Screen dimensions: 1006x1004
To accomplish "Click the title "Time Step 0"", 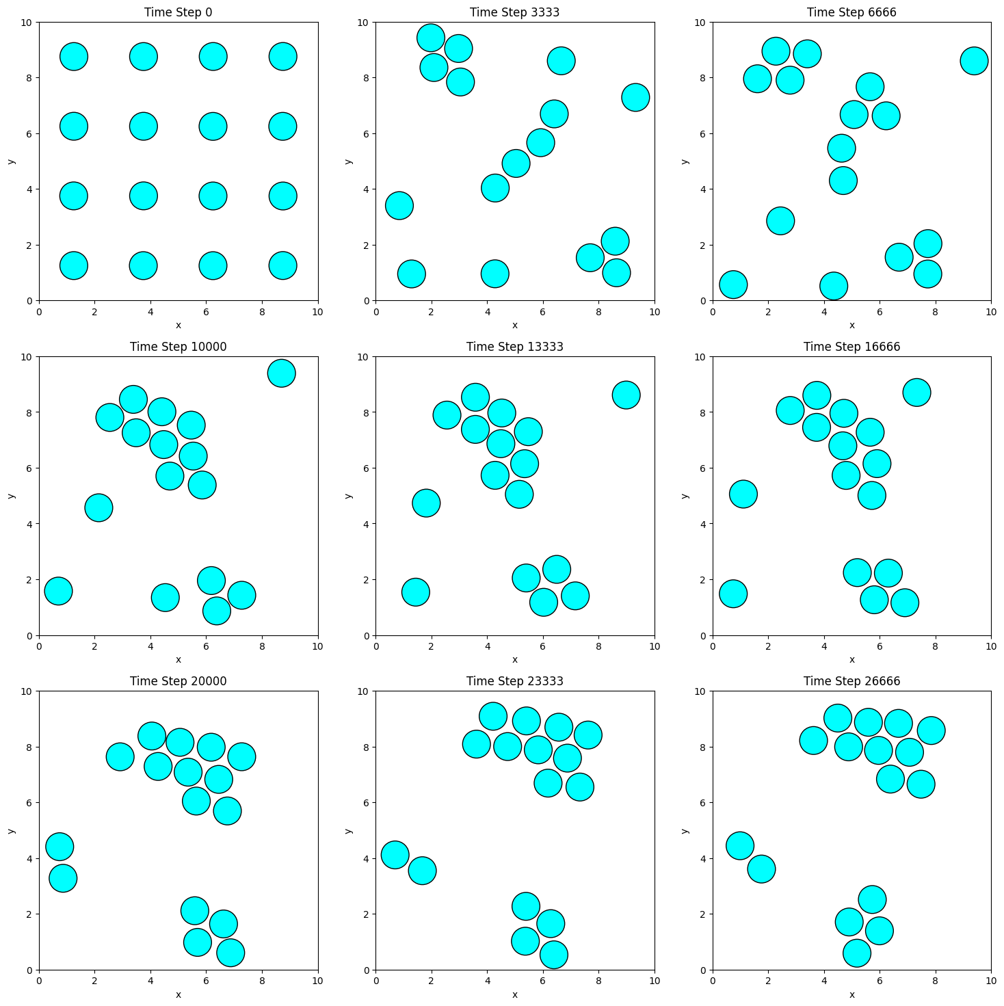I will point(178,12).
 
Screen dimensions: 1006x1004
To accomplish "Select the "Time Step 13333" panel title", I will point(514,347).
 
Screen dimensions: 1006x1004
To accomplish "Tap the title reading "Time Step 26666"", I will point(851,681).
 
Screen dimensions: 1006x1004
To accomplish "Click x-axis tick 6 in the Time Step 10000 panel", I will point(207,646).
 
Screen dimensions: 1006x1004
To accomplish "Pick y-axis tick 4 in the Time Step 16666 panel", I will point(704,525).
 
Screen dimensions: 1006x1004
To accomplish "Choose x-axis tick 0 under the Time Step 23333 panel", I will point(376,981).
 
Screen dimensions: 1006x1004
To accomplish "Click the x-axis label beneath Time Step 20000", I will point(178,994).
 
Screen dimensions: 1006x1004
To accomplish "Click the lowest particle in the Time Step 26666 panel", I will point(857,953).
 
